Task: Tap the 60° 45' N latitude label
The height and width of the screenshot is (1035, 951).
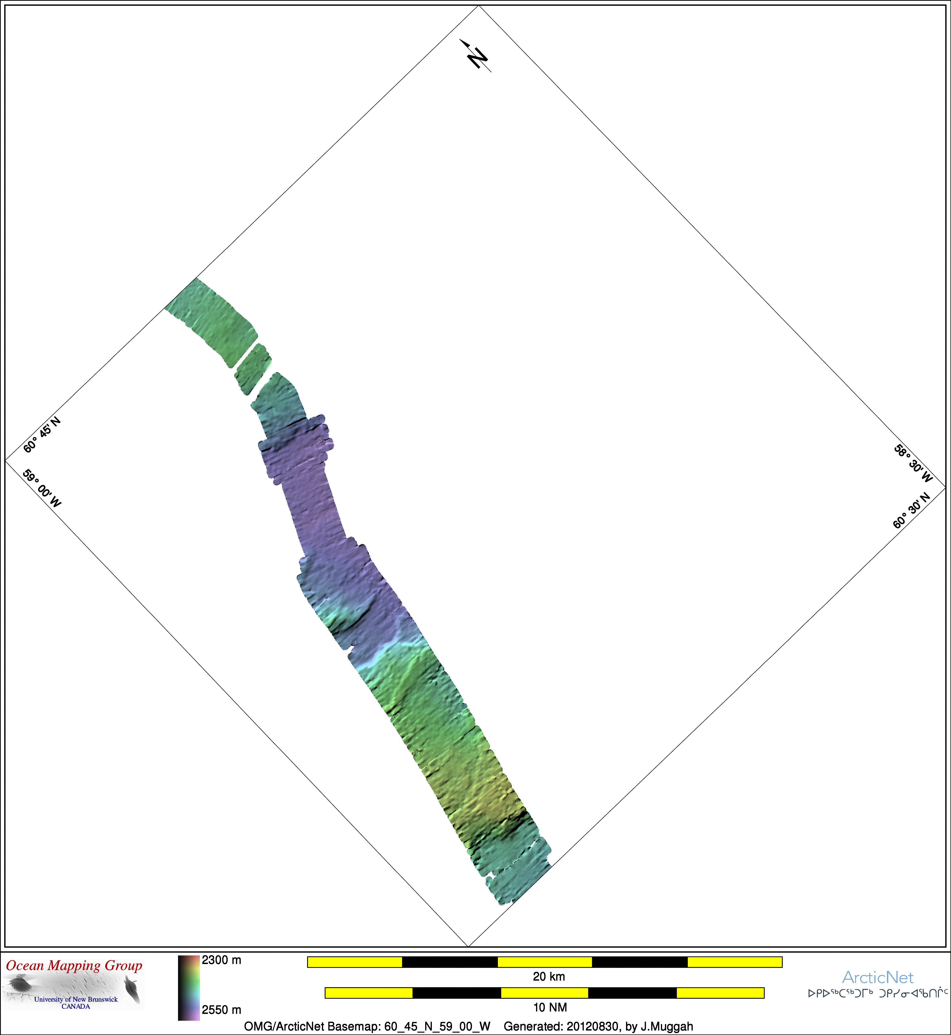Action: (42, 435)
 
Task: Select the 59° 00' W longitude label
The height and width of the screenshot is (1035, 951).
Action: (42, 487)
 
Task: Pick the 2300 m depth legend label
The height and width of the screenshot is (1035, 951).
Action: (221, 960)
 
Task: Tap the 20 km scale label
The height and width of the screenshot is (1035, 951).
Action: (549, 976)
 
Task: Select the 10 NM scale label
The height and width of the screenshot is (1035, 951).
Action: (550, 1007)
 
